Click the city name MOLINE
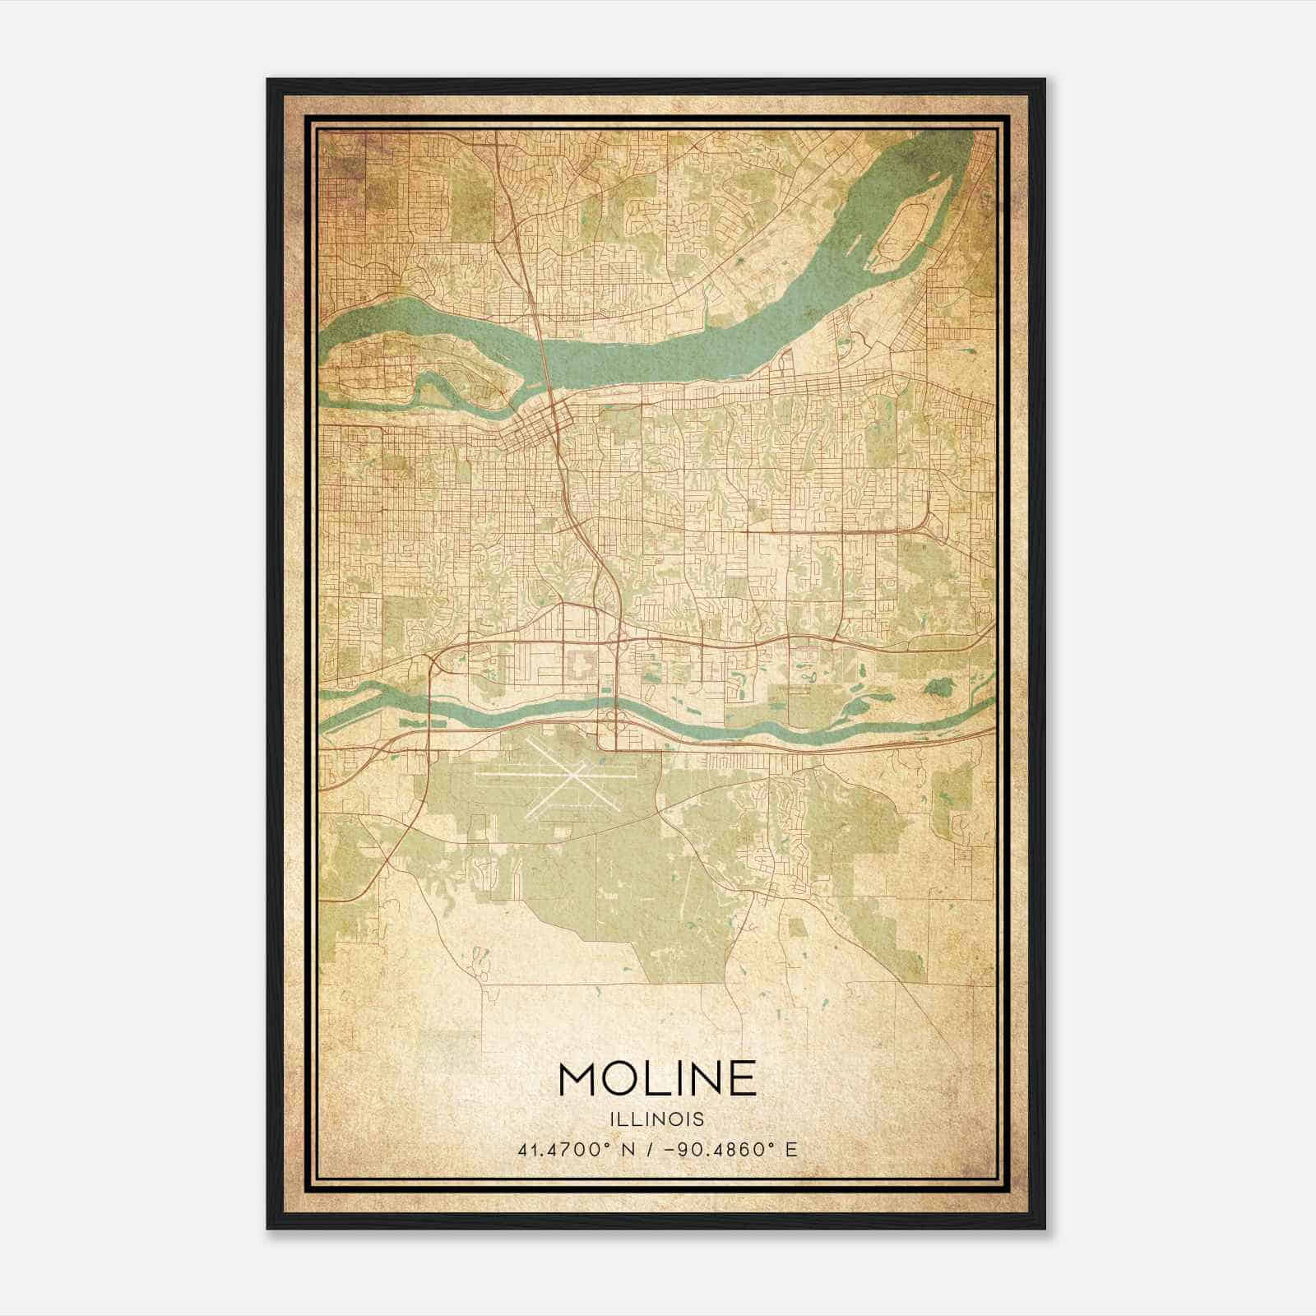coord(657,1079)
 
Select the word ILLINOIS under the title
coord(657,1119)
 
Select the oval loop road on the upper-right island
coord(901,223)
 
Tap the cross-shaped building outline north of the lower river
coord(582,663)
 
